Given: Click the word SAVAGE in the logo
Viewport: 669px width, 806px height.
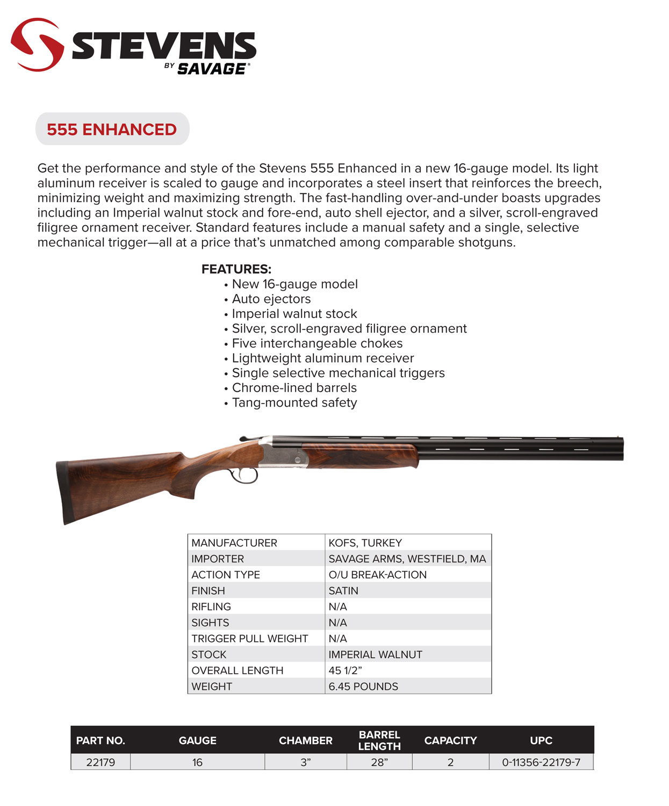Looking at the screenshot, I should (x=212, y=69).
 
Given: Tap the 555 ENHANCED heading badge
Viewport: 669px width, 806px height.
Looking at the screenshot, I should (x=112, y=129).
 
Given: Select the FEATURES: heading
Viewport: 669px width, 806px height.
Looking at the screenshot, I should (x=236, y=269).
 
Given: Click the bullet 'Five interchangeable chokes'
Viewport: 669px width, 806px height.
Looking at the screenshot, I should (x=317, y=343).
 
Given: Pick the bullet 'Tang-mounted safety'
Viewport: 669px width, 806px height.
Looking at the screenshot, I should (x=294, y=402).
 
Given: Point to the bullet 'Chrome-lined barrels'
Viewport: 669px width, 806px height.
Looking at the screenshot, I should (x=294, y=388).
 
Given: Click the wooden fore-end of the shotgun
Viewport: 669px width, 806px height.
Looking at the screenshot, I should (x=360, y=456).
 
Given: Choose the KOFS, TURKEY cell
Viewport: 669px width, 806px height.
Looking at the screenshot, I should (x=365, y=543).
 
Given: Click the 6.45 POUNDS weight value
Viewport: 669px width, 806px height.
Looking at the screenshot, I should (x=363, y=686).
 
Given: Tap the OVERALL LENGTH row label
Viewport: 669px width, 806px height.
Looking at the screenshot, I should (x=237, y=671).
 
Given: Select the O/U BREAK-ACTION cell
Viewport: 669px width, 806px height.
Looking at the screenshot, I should (x=377, y=575).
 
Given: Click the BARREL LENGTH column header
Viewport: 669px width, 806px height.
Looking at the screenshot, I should (x=379, y=740).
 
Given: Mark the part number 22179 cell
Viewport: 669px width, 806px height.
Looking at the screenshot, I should (x=100, y=762).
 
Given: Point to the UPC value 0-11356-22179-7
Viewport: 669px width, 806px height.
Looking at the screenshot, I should (x=541, y=762).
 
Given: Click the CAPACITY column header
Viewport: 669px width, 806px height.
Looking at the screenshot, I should (x=450, y=740).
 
